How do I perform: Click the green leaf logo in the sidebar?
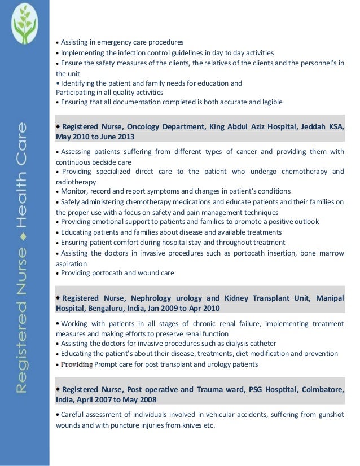pos(24,24)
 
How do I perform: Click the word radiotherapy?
pos(76,182)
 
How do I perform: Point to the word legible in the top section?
pos(271,102)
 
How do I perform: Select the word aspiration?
pos(71,263)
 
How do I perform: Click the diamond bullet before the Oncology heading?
pos(58,126)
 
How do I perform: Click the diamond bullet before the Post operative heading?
pos(58,389)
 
